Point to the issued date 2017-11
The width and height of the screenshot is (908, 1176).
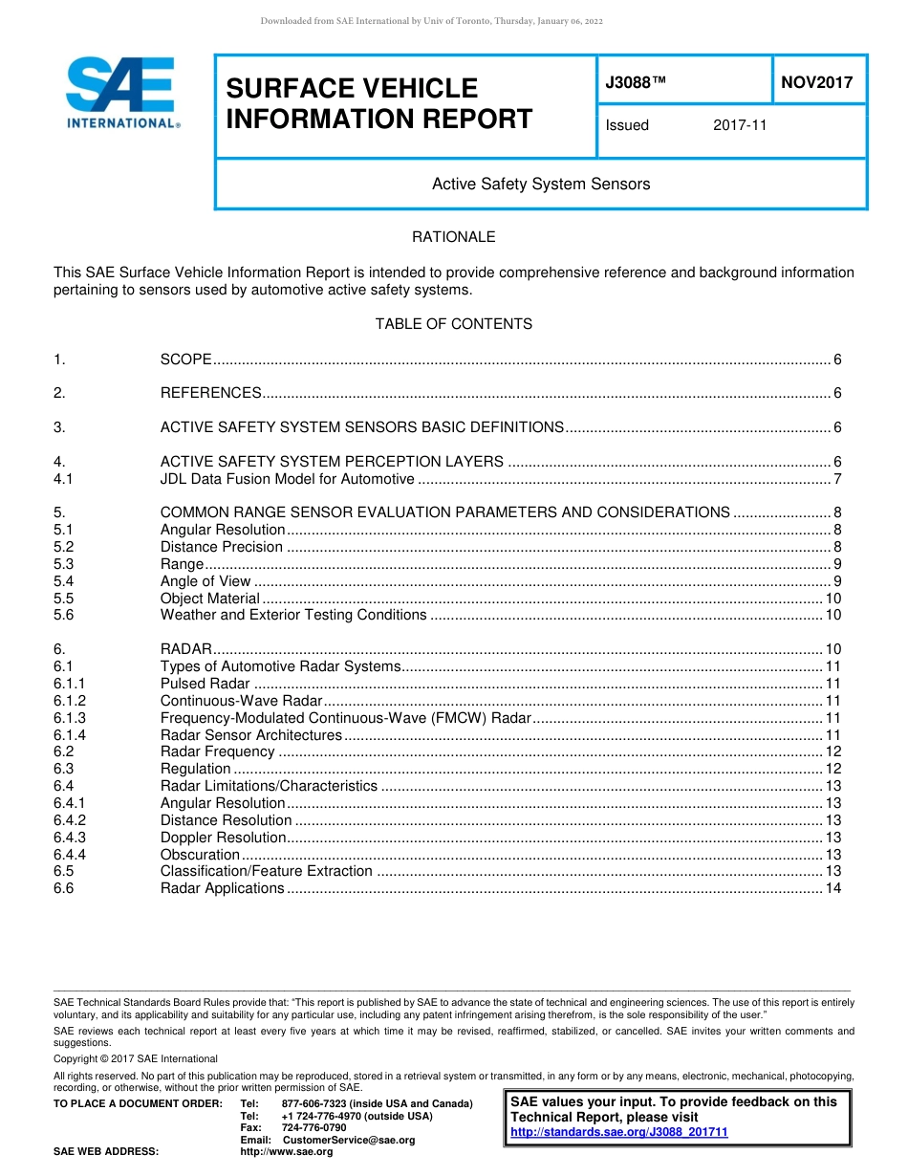pyautogui.click(x=739, y=125)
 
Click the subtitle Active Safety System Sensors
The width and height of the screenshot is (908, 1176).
pyautogui.click(x=541, y=184)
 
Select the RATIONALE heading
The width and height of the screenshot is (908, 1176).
pyautogui.click(x=453, y=237)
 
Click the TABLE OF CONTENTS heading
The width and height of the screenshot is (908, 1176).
pyautogui.click(x=453, y=324)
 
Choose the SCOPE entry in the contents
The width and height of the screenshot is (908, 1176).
pyautogui.click(x=185, y=359)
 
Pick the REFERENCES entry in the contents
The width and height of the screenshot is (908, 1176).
pyautogui.click(x=210, y=393)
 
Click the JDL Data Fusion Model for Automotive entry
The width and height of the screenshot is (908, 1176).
pyautogui.click(x=287, y=479)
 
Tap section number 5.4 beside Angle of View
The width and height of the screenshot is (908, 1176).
pyautogui.click(x=64, y=581)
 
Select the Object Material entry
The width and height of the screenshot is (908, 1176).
pyautogui.click(x=209, y=599)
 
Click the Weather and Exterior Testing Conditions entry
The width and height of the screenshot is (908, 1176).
pyautogui.click(x=292, y=615)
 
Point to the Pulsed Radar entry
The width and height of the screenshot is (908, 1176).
pyautogui.click(x=205, y=684)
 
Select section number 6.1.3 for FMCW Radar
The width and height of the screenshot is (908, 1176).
pyautogui.click(x=70, y=718)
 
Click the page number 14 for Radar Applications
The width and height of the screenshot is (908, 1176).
pyautogui.click(x=832, y=888)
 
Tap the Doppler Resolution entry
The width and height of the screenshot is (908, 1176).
pyautogui.click(x=223, y=838)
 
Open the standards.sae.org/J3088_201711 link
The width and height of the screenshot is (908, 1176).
pyautogui.click(x=619, y=1132)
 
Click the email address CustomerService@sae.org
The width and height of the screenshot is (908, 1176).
pyautogui.click(x=349, y=1140)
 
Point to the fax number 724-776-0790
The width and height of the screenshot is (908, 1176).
pyautogui.click(x=313, y=1128)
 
